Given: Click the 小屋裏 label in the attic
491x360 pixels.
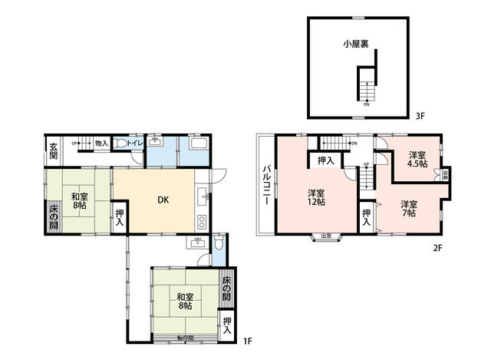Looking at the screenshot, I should coord(355,45).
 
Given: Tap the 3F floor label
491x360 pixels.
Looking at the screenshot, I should coord(420,117).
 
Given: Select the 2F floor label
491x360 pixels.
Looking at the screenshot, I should coord(438,248).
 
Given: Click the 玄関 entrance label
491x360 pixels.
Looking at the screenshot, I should coord(54,150).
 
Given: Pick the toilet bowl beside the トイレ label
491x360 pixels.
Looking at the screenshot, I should coord(121,144).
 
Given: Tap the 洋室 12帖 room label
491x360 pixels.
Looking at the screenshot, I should coord(317,197).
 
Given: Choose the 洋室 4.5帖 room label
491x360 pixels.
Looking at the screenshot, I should coord(417,159).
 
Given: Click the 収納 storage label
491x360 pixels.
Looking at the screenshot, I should coord(447,174).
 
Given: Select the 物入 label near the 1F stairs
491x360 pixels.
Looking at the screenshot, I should coord(101,143).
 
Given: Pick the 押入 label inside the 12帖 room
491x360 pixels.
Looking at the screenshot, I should coord(325,160).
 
